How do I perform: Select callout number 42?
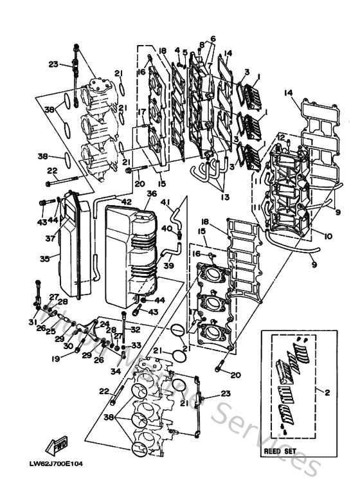(x=127, y=201)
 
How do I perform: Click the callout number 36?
(x=152, y=193)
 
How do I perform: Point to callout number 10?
(x=328, y=237)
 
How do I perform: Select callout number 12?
(x=281, y=137)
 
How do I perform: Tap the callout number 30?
(x=67, y=346)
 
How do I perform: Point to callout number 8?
(x=201, y=44)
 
